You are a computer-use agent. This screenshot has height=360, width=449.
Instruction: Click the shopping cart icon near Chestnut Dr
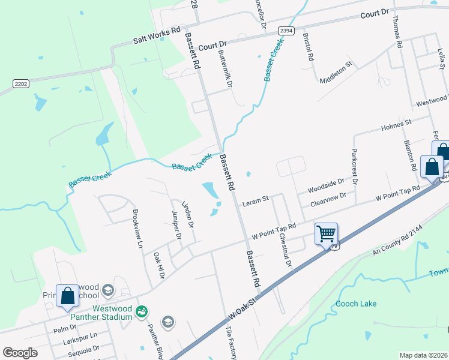[326, 233]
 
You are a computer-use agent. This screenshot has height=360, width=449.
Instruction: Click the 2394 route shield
[286, 31]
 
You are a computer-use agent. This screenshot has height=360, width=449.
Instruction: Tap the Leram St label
[255, 202]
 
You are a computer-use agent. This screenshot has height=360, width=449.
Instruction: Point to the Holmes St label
[396, 125]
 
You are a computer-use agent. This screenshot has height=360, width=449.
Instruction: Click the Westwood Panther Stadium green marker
[142, 311]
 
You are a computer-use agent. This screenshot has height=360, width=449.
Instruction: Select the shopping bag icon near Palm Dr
[67, 295]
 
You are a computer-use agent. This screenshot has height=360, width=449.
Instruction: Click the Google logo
[20, 353]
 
